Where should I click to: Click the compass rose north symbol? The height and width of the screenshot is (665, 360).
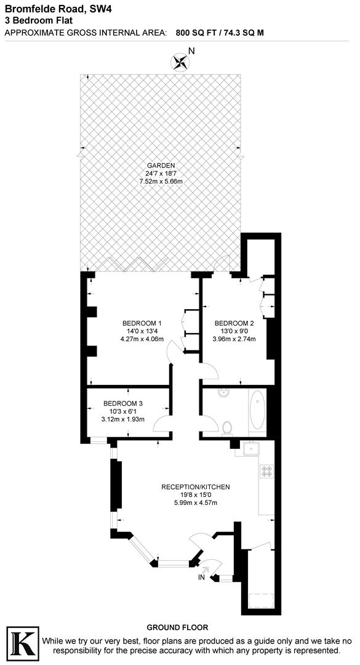181,60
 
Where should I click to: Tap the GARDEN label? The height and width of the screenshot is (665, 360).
161,165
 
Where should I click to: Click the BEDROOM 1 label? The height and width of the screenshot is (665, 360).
142,323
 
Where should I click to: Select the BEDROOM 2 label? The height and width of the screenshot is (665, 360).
234,323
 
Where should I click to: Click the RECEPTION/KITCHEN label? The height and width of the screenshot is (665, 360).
196,487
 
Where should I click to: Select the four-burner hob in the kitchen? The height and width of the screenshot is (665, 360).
267,472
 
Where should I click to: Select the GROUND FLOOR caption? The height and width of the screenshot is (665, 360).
181,627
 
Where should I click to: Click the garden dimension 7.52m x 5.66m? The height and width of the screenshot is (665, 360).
161,182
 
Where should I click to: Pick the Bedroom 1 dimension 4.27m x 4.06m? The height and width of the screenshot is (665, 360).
142,339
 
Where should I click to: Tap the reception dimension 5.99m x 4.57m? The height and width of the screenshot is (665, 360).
196,503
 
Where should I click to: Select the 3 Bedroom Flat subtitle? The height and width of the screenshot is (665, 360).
38,20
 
